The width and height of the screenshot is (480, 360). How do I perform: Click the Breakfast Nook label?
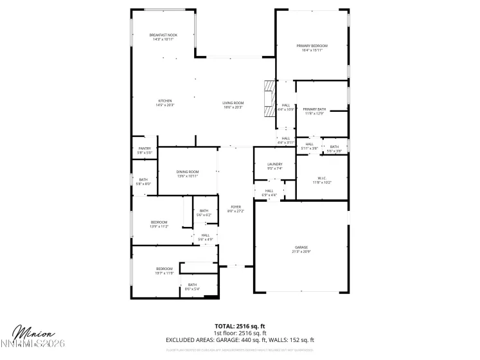pyautogui.click(x=163, y=37)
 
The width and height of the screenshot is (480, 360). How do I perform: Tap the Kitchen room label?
pyautogui.click(x=165, y=102)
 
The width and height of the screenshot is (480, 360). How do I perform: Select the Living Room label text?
pyautogui.click(x=233, y=104)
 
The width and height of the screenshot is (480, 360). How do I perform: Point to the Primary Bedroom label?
pyautogui.click(x=312, y=48)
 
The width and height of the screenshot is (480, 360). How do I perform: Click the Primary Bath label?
pyautogui.click(x=314, y=111)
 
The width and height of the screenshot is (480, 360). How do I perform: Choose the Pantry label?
pyautogui.click(x=145, y=150)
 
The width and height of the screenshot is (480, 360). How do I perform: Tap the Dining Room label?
pyautogui.click(x=188, y=173)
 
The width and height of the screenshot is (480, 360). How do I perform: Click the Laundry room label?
pyautogui.click(x=274, y=166)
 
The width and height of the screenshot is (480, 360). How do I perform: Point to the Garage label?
pyautogui.click(x=301, y=249)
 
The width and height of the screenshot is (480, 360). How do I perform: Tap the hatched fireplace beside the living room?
pyautogui.click(x=268, y=98)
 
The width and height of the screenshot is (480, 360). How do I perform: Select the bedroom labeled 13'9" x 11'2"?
pyautogui.click(x=159, y=224)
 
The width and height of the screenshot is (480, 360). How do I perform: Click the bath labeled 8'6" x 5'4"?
pyautogui.click(x=192, y=287)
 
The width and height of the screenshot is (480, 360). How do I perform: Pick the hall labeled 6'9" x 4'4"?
pyautogui.click(x=269, y=192)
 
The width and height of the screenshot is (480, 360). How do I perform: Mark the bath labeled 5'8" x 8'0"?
pyautogui.click(x=143, y=181)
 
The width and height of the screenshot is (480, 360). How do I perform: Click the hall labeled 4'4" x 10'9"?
pyautogui.click(x=285, y=107)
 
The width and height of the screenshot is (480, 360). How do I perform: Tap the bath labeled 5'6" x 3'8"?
pyautogui.click(x=333, y=148)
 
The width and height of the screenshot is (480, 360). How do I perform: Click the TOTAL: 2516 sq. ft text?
pyautogui.click(x=240, y=326)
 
